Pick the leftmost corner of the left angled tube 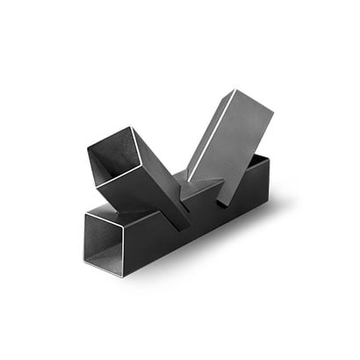[88, 149]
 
